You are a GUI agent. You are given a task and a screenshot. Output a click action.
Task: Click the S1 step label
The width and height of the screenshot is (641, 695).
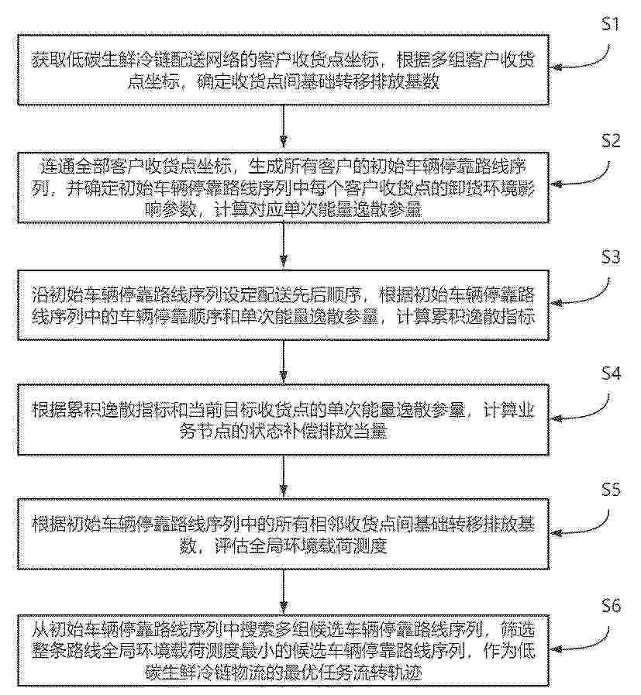(611, 23)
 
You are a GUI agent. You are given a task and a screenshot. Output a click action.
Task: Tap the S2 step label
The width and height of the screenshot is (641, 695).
(611, 140)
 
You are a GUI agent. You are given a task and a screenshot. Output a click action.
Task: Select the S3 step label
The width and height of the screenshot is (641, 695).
(611, 257)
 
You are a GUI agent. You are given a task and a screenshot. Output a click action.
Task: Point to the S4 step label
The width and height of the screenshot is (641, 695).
(611, 373)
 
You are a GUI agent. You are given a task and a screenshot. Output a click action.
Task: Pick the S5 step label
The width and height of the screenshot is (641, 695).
(611, 490)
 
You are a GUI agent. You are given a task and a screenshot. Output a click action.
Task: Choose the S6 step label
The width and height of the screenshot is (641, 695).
(611, 606)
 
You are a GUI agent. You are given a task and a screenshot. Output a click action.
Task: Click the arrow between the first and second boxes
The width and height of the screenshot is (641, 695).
(284, 127)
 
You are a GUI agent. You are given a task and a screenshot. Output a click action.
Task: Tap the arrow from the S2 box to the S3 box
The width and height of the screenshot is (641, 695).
(284, 245)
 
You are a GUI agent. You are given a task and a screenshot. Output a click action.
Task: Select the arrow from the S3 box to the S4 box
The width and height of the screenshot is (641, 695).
(284, 361)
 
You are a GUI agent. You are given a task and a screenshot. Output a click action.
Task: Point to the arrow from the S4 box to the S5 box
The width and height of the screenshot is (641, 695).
(284, 476)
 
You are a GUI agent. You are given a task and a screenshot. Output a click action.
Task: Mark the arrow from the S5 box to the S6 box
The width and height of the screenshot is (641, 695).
(284, 592)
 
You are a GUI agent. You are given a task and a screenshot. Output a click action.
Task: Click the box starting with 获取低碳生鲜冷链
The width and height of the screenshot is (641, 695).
(283, 70)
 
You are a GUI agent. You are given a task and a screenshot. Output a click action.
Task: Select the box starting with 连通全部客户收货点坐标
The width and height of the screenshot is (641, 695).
(283, 188)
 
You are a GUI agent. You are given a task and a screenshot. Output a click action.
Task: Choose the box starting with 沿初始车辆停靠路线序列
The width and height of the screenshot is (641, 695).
(283, 305)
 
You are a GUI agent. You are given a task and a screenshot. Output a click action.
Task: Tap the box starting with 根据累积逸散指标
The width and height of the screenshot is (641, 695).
(283, 420)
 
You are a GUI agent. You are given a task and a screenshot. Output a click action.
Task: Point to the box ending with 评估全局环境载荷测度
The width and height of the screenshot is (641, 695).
(283, 535)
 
